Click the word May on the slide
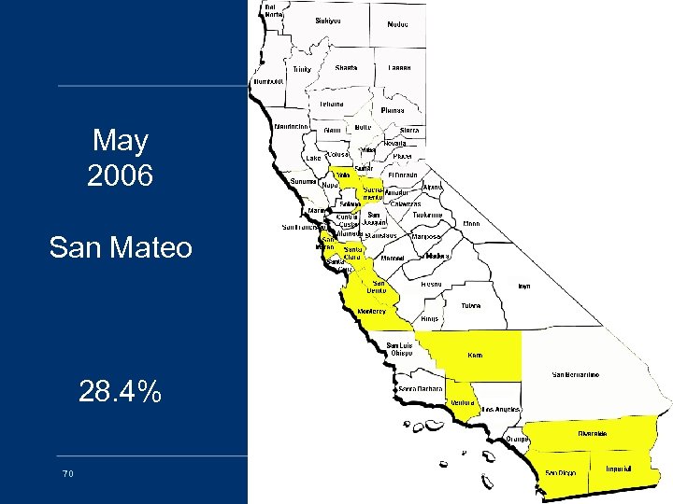(121, 141)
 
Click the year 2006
(121, 175)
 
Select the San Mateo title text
(121, 248)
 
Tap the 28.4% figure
(121, 392)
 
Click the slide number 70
(67, 473)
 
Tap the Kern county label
(475, 356)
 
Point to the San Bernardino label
(576, 374)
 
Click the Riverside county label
(593, 433)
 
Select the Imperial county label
(620, 468)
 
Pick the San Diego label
(561, 472)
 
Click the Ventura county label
(463, 402)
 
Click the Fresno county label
(431, 283)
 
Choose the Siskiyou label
(328, 20)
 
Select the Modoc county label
(397, 23)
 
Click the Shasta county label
(346, 67)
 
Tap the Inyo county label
(524, 286)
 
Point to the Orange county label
(516, 439)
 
